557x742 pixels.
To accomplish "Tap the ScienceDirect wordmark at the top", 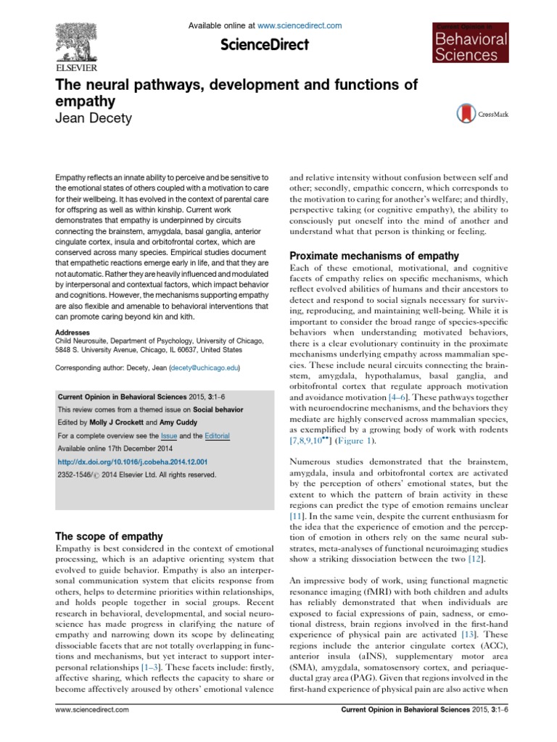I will pos(265,45).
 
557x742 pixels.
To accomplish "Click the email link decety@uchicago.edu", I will pos(205,369).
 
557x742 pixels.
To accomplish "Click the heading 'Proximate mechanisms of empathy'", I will pos(374,255).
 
